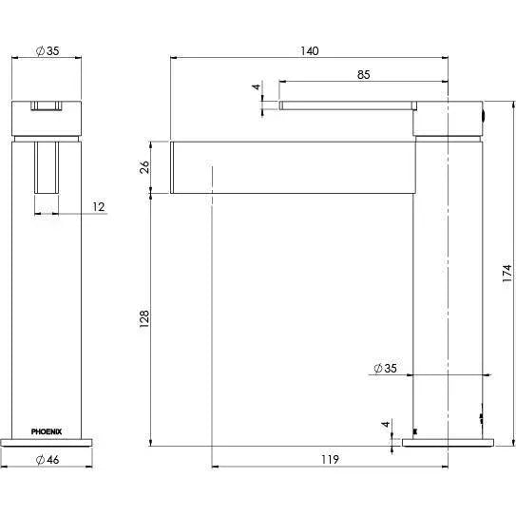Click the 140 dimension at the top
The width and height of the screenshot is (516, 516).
tap(309, 49)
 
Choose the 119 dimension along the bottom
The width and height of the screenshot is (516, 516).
tap(329, 460)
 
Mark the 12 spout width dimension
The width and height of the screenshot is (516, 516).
tap(99, 206)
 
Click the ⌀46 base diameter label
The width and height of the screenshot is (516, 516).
tap(47, 460)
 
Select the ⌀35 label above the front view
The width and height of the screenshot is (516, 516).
tap(46, 49)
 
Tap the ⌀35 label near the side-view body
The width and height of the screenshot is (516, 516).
tap(385, 368)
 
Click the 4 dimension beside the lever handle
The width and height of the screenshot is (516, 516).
tap(256, 87)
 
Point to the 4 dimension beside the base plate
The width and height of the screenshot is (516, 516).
tap(385, 426)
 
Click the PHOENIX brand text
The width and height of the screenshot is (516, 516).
tap(47, 430)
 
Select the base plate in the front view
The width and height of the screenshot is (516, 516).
tap(47, 442)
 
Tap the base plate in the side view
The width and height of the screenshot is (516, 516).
tap(449, 442)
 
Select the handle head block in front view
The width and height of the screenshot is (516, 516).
tap(47, 116)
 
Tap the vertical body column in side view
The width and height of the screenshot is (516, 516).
tap(449, 285)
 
